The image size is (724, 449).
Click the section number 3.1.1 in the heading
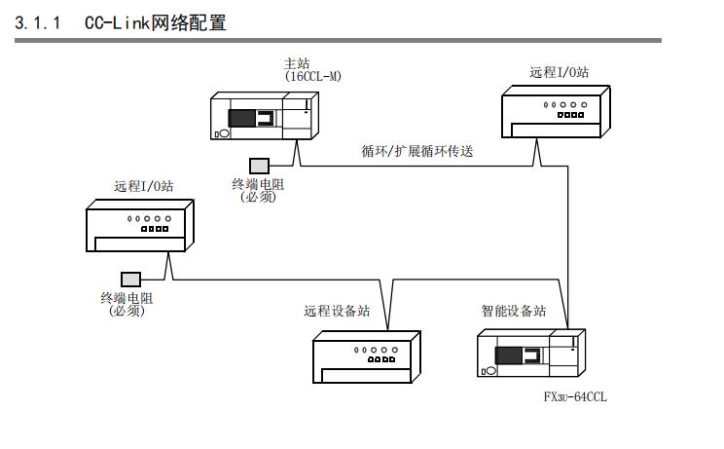coord(36,21)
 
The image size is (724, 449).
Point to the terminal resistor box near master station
coord(259,166)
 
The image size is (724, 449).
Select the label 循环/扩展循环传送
coord(416,151)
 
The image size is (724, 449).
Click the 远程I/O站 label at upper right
coord(558,72)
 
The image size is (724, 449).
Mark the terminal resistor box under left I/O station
coord(130,279)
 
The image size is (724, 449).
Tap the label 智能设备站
coord(513,312)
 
